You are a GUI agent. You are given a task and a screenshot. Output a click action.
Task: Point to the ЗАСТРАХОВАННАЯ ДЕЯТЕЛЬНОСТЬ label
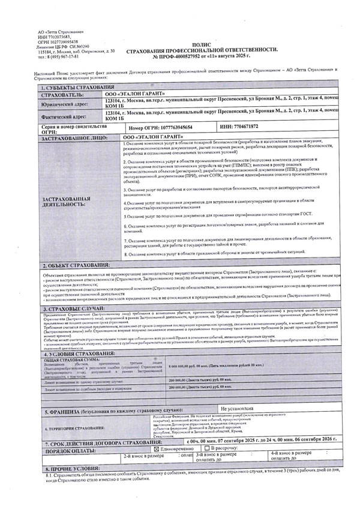click(66, 200)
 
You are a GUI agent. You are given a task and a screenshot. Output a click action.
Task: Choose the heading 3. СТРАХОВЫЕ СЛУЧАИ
click(74, 309)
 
